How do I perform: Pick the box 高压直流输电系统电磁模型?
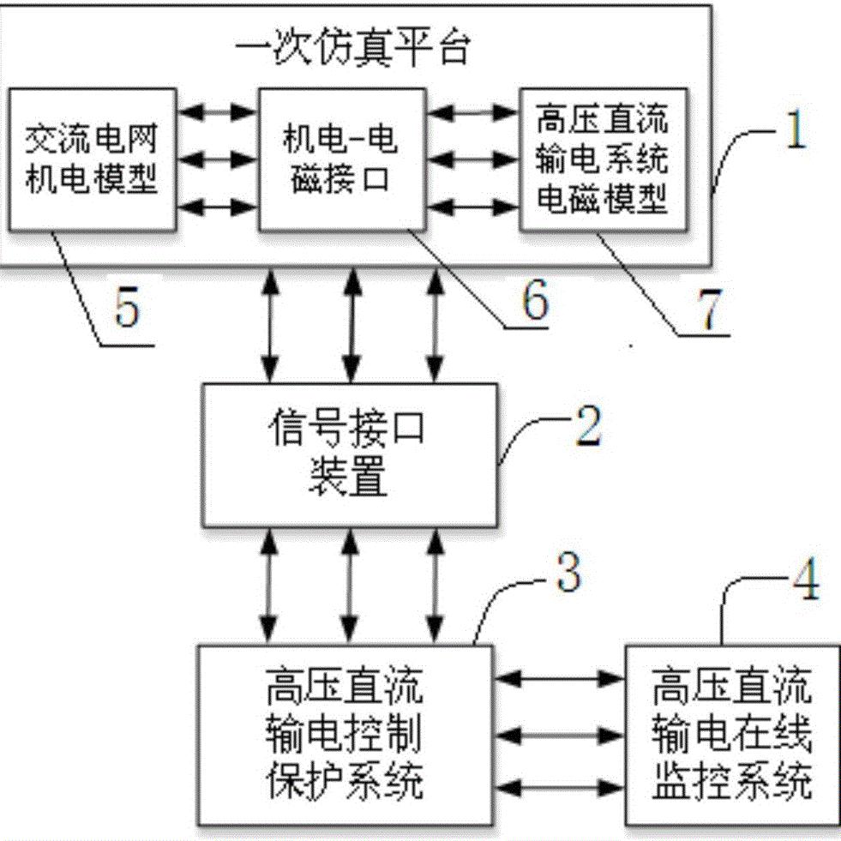coord(604,159)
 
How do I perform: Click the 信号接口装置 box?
coord(351,454)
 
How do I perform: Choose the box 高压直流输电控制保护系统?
coord(345,734)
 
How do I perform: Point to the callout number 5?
coord(126,309)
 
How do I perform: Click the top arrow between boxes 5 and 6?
coord(219,111)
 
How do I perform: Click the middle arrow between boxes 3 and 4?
coord(560,734)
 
